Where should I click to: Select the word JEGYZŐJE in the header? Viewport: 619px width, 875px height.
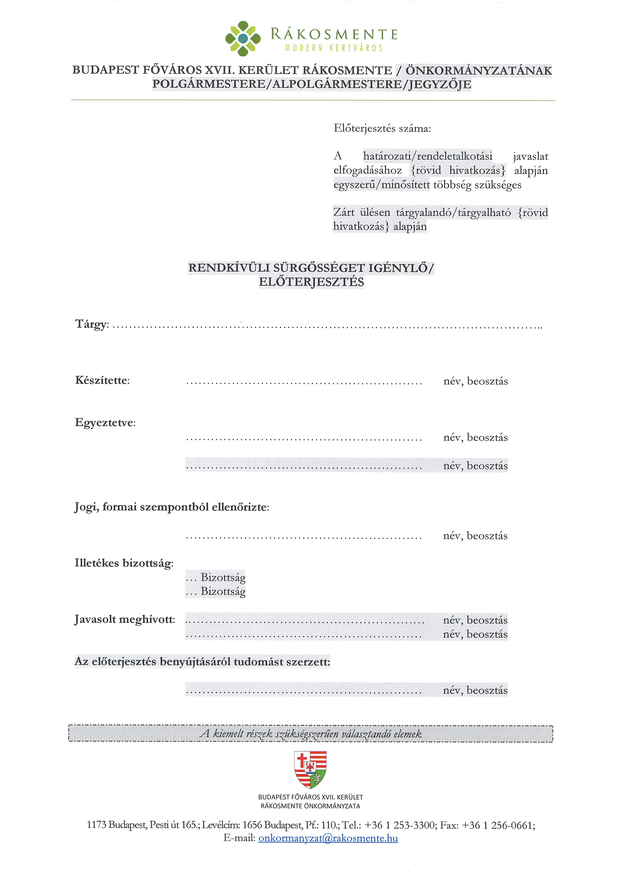click(x=440, y=84)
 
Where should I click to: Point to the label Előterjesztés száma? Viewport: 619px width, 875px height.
click(x=382, y=128)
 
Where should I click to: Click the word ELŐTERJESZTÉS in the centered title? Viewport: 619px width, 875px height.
click(x=311, y=282)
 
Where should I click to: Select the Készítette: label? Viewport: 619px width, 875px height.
click(x=102, y=380)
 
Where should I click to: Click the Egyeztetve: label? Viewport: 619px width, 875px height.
click(x=105, y=423)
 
